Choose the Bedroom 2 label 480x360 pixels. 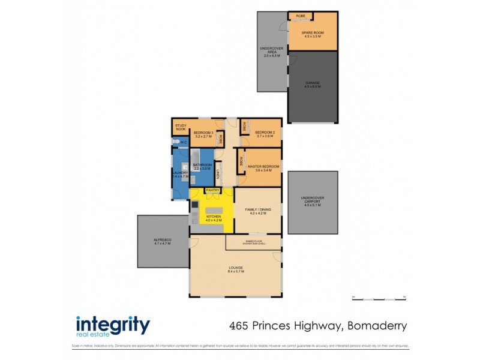[x=265, y=132]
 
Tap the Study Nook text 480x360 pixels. [x=181, y=127]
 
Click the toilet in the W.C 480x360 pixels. [x=176, y=142]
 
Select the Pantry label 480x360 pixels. [x=212, y=190]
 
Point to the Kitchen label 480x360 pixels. [x=214, y=216]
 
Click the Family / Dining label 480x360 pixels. [x=259, y=209]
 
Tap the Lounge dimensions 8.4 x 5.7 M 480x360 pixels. [x=235, y=272]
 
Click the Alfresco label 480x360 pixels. [x=162, y=241]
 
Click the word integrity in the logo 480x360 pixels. [x=113, y=325]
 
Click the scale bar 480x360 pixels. [x=379, y=298]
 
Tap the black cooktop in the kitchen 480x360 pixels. [x=194, y=205]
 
